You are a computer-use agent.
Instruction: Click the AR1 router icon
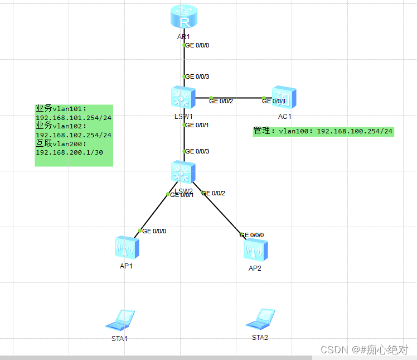pyautogui.click(x=184, y=18)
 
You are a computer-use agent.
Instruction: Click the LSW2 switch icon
pyautogui.click(x=183, y=172)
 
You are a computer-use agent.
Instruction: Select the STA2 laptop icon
pyautogui.click(x=260, y=319)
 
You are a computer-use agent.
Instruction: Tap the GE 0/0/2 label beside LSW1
pyautogui.click(x=221, y=100)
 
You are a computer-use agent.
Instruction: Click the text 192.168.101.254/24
pyautogui.click(x=74, y=118)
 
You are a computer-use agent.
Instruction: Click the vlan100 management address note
pyautogui.click(x=323, y=131)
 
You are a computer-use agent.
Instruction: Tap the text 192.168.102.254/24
pyautogui.click(x=74, y=135)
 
